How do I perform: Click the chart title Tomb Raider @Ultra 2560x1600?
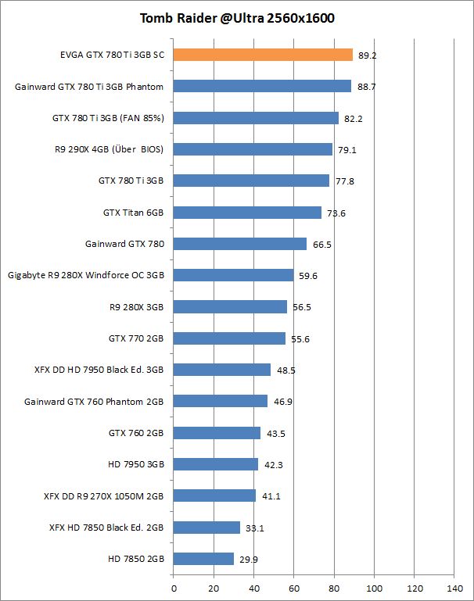[x=237, y=18]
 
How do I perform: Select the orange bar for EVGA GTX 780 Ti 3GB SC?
[x=263, y=55]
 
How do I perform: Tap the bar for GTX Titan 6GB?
[x=247, y=213]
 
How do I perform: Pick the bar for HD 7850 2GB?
[x=203, y=559]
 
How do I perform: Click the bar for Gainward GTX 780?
[x=240, y=244]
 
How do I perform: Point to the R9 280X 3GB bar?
[x=230, y=306]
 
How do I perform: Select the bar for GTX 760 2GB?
[x=217, y=433]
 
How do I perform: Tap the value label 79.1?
[x=347, y=149]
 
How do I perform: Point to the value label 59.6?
[x=307, y=275]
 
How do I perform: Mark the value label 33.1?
[x=254, y=528]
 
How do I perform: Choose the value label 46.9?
[x=282, y=402]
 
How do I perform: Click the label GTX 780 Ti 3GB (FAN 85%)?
[x=108, y=118]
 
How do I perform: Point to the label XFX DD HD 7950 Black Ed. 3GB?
[x=99, y=370]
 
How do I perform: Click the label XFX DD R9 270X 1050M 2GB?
[x=104, y=495]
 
